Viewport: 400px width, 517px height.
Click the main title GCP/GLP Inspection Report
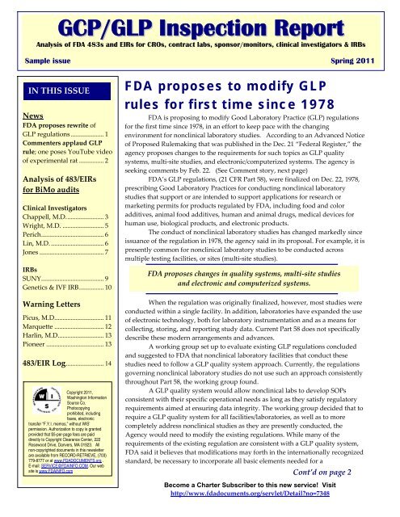pos(200,19)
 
